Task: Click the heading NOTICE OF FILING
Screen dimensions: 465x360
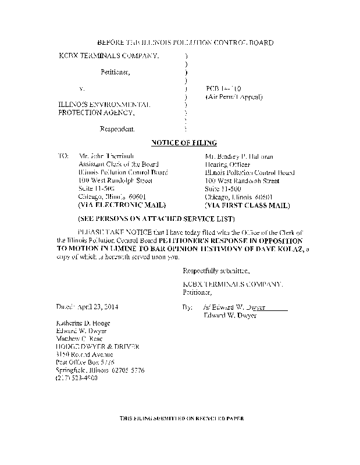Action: click(184, 142)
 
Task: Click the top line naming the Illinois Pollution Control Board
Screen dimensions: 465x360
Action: click(184, 43)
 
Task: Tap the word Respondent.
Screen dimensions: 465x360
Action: click(118, 128)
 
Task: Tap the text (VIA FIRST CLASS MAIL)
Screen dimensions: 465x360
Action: click(248, 205)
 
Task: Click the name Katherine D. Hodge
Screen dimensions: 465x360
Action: click(83, 323)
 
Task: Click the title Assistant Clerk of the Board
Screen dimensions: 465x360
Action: click(118, 164)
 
